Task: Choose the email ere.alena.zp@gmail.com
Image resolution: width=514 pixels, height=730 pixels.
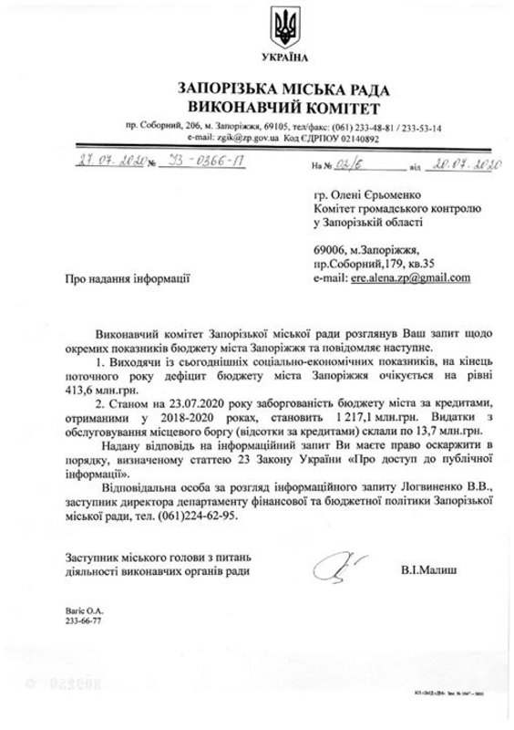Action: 409,277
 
